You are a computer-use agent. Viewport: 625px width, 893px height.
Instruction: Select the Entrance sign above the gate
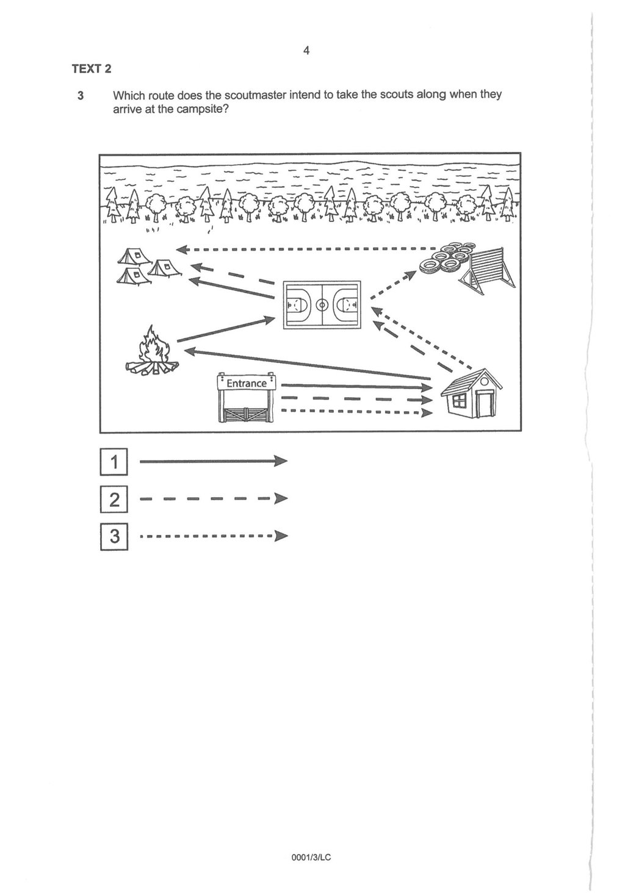247,383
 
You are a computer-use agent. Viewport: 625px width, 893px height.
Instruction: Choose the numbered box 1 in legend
114,462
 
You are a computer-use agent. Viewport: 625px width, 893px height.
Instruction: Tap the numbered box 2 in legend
114,500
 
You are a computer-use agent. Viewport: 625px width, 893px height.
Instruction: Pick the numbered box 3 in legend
114,537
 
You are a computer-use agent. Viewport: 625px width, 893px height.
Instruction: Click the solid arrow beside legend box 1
213,462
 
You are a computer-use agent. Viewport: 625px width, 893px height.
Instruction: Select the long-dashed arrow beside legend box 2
213,499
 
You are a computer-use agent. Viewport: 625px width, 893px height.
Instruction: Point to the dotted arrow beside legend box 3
213,537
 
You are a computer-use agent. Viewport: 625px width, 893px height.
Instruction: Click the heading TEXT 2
92,69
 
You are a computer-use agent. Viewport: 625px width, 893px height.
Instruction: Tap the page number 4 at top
306,51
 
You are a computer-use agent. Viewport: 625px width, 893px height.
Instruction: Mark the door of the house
485,403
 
